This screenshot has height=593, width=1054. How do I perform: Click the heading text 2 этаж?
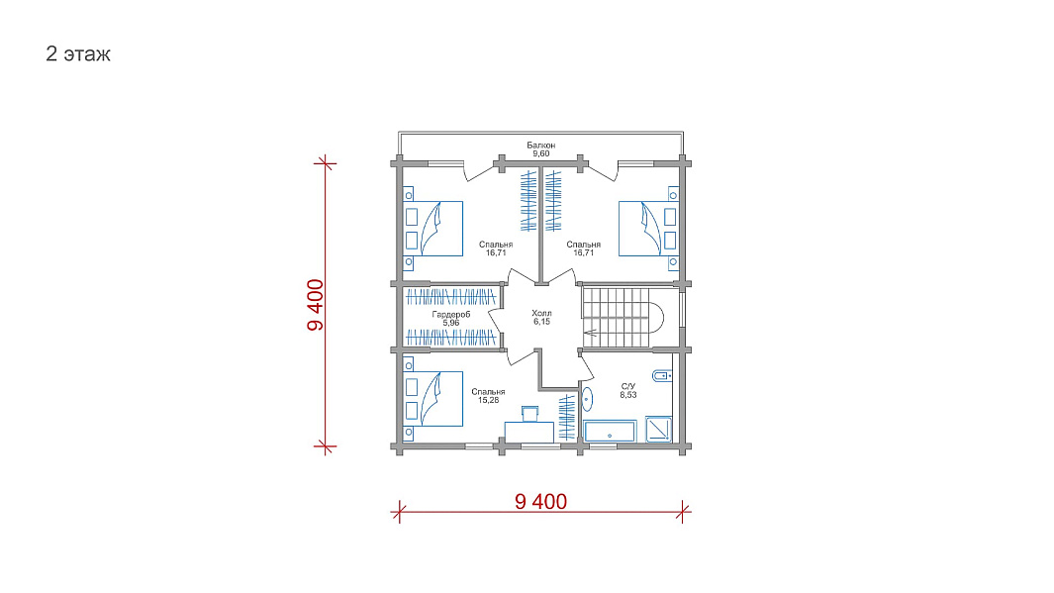pyautogui.click(x=78, y=53)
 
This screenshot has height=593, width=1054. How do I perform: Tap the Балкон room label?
pyautogui.click(x=541, y=146)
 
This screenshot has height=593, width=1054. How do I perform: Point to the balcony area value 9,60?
pyautogui.click(x=541, y=154)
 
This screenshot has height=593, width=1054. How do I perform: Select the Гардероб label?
pyautogui.click(x=451, y=314)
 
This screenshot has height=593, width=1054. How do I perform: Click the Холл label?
pyautogui.click(x=541, y=313)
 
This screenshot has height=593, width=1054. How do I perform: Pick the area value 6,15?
pyautogui.click(x=541, y=322)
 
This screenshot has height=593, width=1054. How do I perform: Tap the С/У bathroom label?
pyautogui.click(x=628, y=387)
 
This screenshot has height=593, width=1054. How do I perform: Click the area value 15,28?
pyautogui.click(x=488, y=401)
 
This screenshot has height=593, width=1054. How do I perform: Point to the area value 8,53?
pyautogui.click(x=628, y=395)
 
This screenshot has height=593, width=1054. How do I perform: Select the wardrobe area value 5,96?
pyautogui.click(x=451, y=323)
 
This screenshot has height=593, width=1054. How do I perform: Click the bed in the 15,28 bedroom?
pyautogui.click(x=432, y=399)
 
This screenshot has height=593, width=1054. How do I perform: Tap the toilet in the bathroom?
pyautogui.click(x=662, y=376)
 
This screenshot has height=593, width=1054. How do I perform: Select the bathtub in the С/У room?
pyautogui.click(x=610, y=431)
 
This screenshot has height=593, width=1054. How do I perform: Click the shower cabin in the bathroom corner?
pyautogui.click(x=659, y=430)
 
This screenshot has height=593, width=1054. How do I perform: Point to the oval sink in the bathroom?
pyautogui.click(x=587, y=399)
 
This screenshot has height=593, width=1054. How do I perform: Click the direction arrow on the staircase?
pyautogui.click(x=591, y=332)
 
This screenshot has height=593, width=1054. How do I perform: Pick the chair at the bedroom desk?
pyautogui.click(x=529, y=413)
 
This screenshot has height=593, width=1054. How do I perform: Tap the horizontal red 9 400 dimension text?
pyautogui.click(x=541, y=502)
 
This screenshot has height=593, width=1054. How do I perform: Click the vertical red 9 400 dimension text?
pyautogui.click(x=316, y=305)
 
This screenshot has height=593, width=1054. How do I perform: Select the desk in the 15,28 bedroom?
pyautogui.click(x=529, y=432)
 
